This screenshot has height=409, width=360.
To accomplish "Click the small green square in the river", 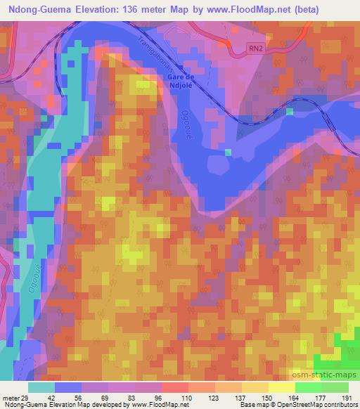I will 289,112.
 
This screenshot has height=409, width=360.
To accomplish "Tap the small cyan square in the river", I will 227,151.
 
